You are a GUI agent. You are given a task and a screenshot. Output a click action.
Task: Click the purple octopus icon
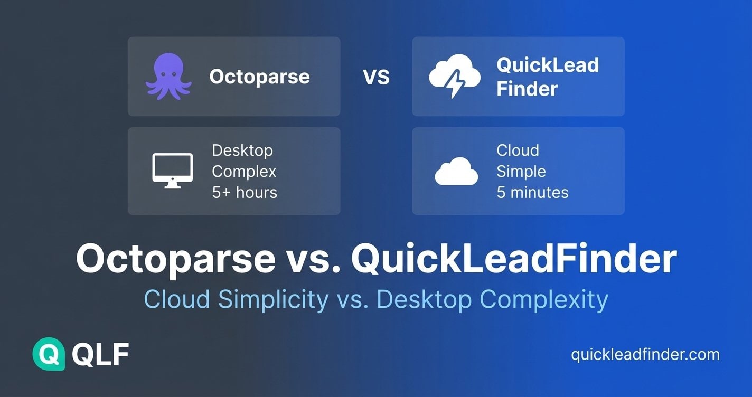point(168,77)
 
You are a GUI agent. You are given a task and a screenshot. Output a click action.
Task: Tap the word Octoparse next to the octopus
point(259,77)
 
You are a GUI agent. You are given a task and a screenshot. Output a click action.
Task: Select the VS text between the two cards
point(377,78)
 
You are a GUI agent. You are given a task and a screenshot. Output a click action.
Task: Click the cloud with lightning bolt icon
point(454,77)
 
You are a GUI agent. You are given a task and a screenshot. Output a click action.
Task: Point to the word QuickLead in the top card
point(548,65)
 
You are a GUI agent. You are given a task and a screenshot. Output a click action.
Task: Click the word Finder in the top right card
point(527,89)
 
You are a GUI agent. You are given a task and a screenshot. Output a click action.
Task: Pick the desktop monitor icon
point(173,171)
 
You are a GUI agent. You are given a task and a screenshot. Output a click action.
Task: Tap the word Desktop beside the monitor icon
point(242,150)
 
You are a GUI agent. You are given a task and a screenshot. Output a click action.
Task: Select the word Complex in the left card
point(244,172)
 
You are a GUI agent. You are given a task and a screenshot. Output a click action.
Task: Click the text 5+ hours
point(245,192)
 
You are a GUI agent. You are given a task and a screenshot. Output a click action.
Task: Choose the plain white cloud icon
point(456,172)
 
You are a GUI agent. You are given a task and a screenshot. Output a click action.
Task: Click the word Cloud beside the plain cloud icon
point(518,150)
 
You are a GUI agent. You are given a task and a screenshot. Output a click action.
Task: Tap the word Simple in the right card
point(521,172)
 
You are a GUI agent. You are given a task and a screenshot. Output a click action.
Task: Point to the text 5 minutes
point(532,192)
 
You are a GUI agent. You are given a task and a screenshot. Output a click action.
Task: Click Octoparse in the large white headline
point(175,259)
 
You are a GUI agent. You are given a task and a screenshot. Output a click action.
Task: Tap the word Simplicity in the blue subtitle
point(272,300)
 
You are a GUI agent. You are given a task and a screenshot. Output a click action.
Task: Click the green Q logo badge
point(49,354)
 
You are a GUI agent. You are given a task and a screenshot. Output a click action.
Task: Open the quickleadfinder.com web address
point(645,354)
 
